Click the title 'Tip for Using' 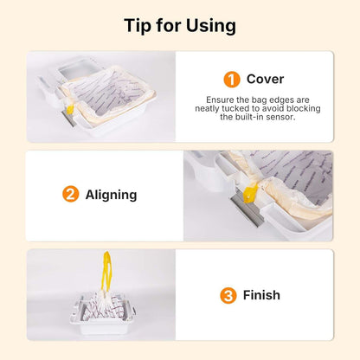(x=180, y=25)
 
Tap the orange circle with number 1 (x=231, y=80)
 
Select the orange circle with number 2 (x=70, y=194)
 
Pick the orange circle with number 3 (x=228, y=295)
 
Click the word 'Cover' (x=264, y=80)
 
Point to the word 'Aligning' (x=111, y=194)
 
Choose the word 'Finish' (x=260, y=295)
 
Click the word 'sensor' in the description (x=286, y=117)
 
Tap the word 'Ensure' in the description (x=222, y=100)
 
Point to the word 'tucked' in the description (x=240, y=108)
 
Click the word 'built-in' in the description (x=257, y=117)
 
